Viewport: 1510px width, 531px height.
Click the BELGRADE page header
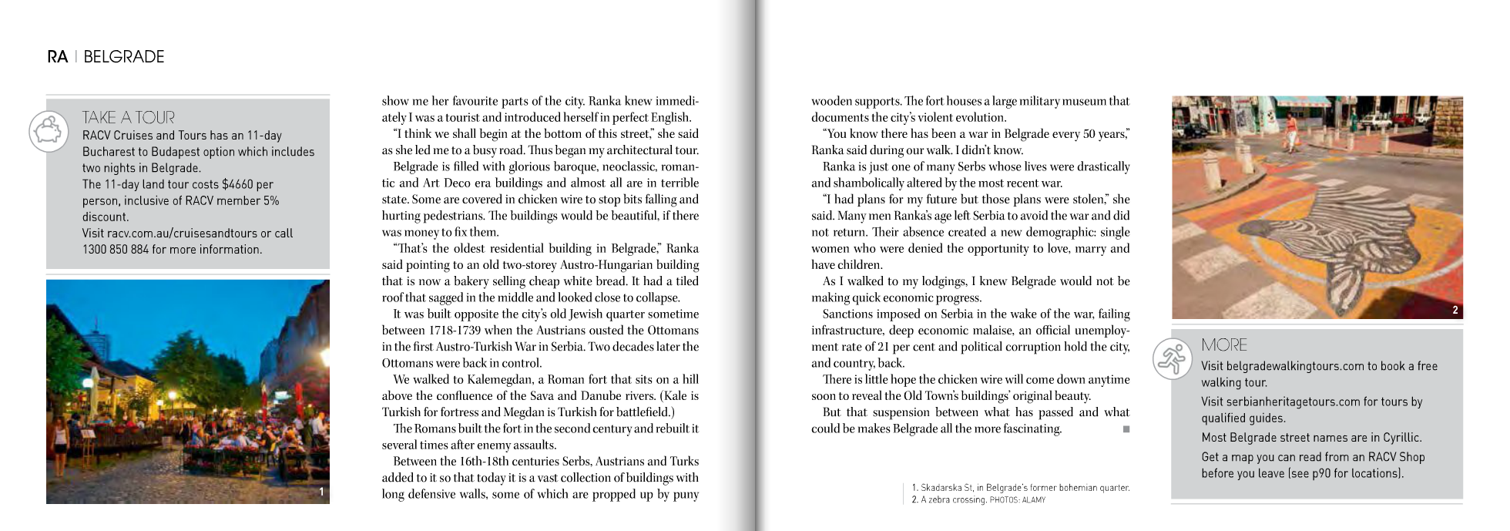[x=123, y=57]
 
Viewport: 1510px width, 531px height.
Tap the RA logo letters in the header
[x=58, y=57]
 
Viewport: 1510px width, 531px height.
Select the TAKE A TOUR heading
[x=129, y=117]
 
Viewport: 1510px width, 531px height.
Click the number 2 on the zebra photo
[x=1455, y=310]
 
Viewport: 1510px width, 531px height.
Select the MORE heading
[x=1224, y=344]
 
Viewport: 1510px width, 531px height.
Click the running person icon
[x=1173, y=358]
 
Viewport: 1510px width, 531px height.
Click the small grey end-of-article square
[x=1126, y=429]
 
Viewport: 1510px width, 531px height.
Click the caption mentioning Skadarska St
[x=1020, y=488]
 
